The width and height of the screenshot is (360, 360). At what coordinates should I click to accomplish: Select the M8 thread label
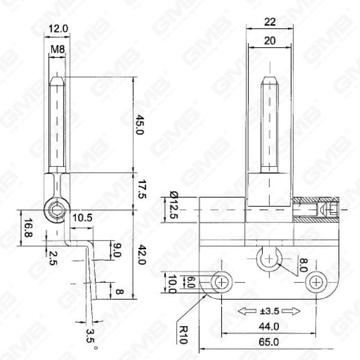coord(57,50)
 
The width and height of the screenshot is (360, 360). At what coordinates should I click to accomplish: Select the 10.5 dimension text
coord(82,218)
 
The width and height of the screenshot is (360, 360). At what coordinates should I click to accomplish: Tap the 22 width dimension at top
coord(270,22)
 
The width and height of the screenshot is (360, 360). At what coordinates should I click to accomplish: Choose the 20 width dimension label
coord(270,40)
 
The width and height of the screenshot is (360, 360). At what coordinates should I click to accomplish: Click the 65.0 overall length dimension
coord(269,342)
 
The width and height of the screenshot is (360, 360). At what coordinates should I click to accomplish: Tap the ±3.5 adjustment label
coord(269,311)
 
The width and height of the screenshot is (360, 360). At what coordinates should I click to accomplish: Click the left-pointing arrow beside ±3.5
coord(247,311)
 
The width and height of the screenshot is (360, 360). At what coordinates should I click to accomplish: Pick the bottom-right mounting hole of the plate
coord(316,282)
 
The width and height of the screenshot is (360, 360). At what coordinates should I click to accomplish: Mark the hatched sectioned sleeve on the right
coord(317,210)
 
